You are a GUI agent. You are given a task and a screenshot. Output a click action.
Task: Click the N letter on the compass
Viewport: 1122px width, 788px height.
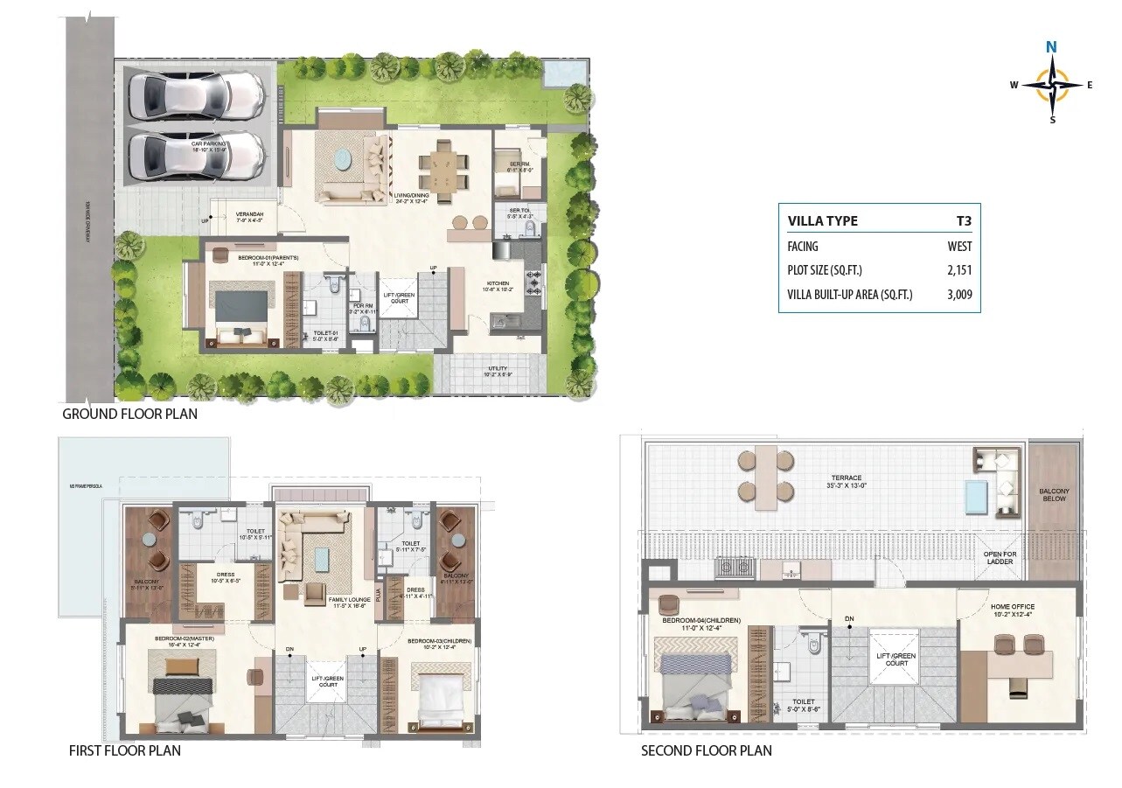(x=1052, y=48)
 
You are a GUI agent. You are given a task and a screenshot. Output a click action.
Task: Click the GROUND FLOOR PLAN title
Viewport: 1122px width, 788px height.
(x=129, y=414)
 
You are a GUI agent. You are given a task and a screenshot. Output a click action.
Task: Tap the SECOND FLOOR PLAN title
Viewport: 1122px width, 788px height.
(x=706, y=750)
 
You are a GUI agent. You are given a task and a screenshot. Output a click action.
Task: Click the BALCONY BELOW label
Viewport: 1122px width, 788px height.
(x=1054, y=495)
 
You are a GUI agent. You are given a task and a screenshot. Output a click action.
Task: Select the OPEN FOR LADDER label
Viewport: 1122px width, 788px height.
(x=998, y=558)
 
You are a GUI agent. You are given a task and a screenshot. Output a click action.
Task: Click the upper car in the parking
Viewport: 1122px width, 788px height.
(x=196, y=94)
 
